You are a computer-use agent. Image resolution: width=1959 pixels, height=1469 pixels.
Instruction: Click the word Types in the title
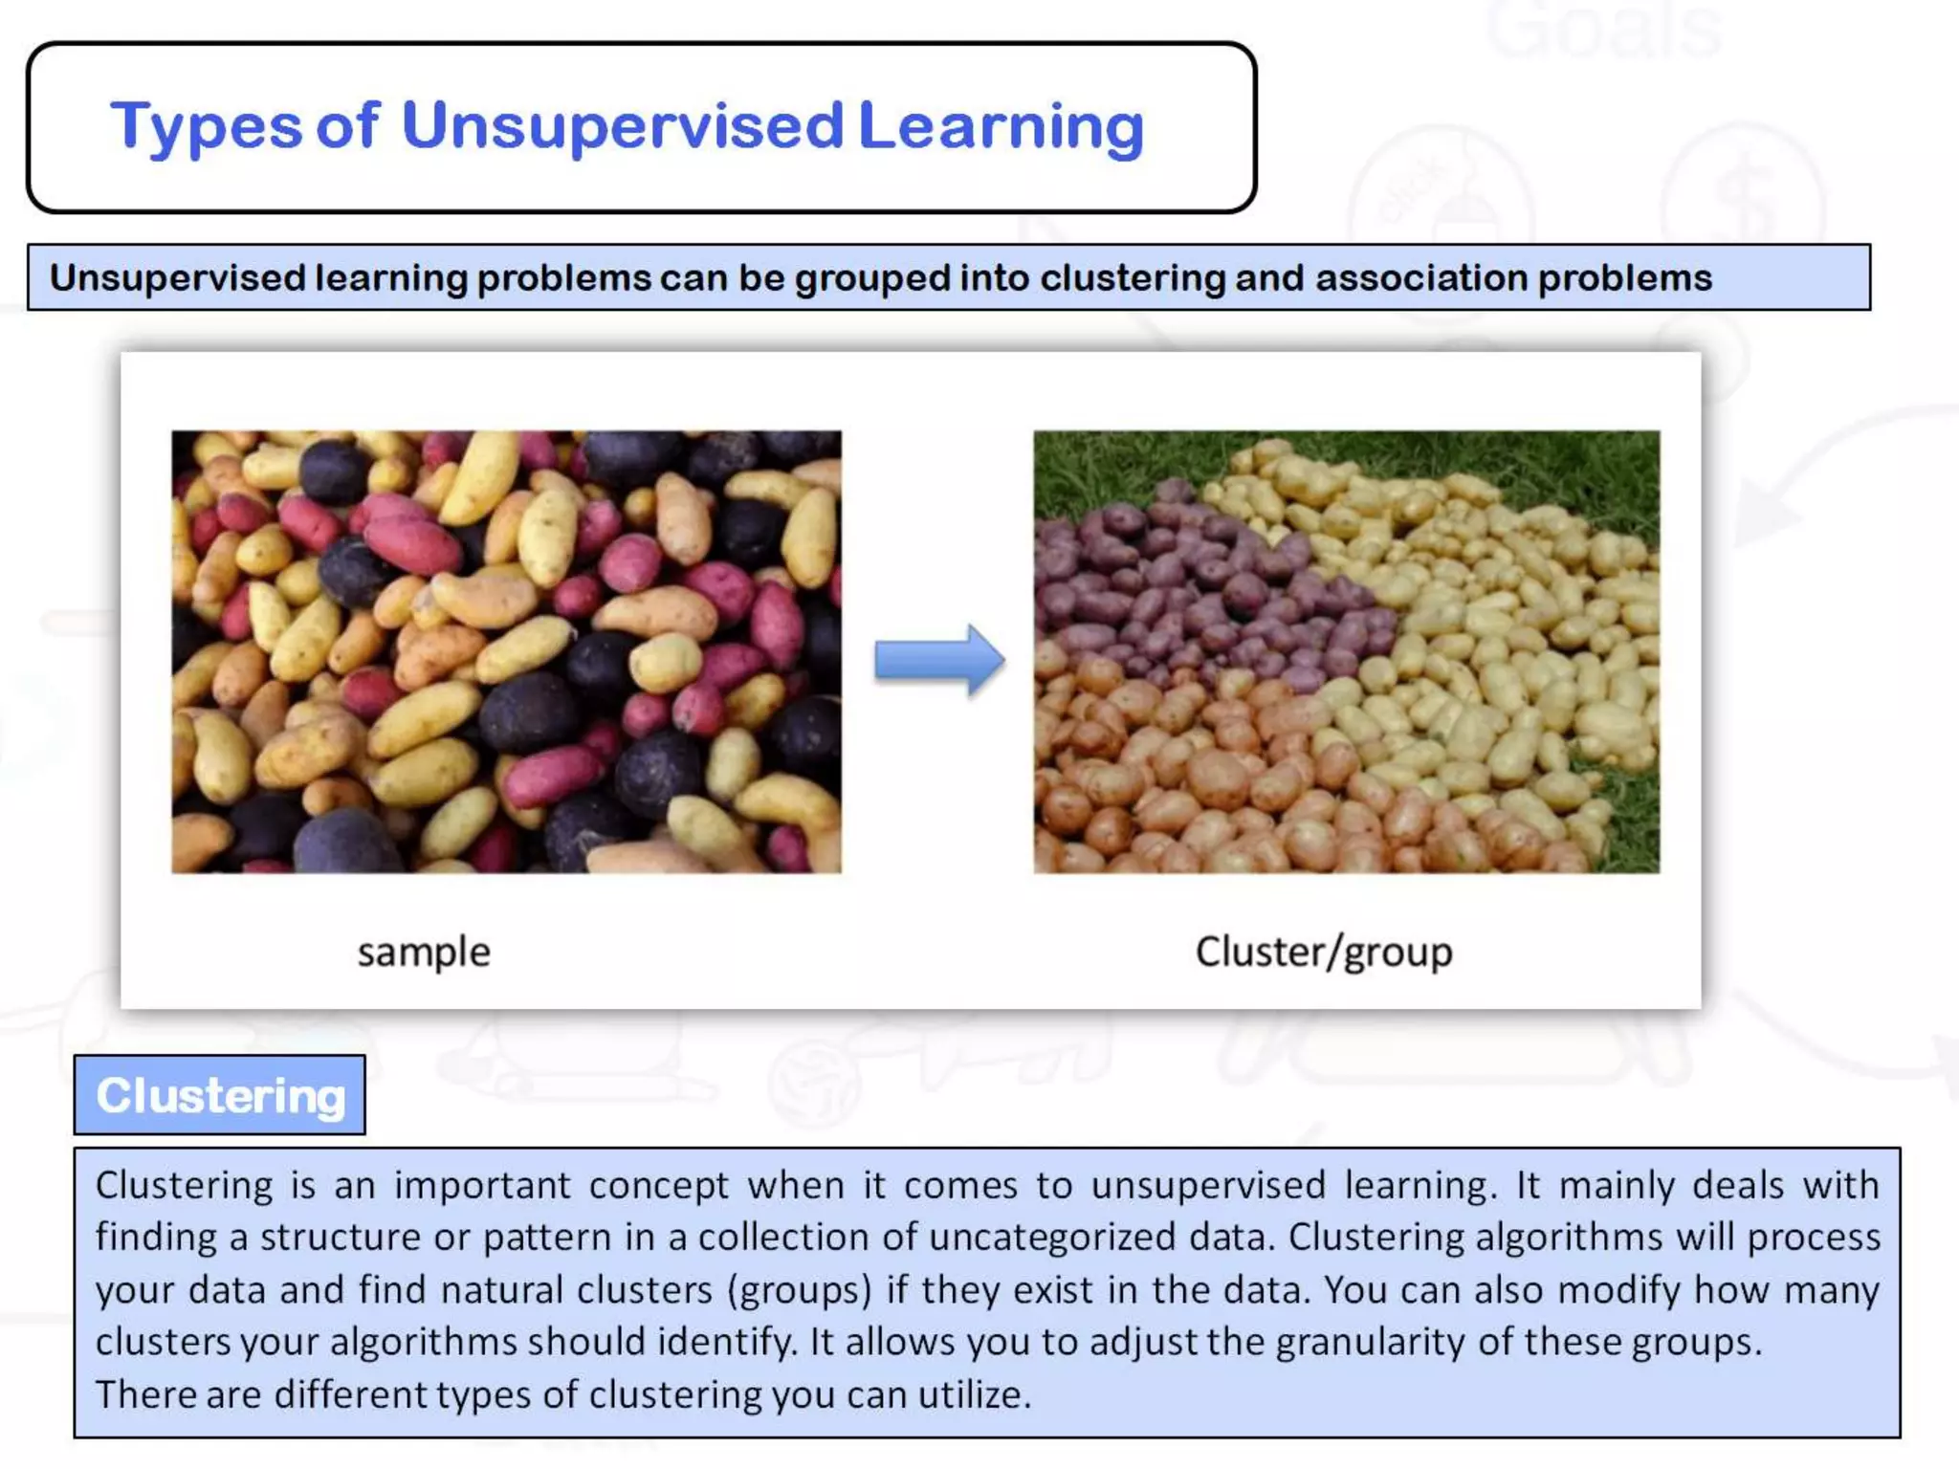(206, 128)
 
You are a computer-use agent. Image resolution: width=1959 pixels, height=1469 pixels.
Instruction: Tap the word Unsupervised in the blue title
(622, 126)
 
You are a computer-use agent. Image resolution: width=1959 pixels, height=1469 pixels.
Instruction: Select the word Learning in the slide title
(1001, 126)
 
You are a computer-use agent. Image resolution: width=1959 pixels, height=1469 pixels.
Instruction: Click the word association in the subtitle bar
(1420, 278)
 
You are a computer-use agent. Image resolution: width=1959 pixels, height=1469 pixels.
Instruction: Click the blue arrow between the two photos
(938, 660)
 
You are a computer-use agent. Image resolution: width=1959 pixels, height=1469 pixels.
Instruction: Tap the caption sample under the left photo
(424, 953)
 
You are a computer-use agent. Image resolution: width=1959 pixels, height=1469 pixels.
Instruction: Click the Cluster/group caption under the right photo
(1324, 953)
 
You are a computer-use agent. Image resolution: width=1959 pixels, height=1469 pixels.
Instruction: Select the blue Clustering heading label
(220, 1096)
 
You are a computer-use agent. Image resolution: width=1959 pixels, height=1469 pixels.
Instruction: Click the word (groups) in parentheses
(800, 1290)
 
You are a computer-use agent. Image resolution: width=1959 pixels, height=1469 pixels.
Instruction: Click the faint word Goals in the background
(1603, 31)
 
